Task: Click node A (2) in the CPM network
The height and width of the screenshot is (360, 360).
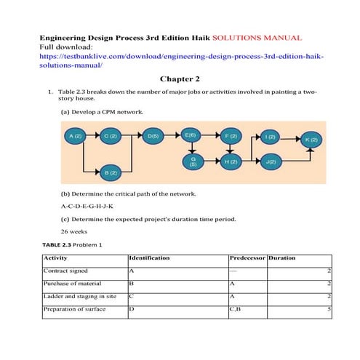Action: pos(76,136)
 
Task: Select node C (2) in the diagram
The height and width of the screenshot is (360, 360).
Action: pos(110,136)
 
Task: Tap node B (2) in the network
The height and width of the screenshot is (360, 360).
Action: pos(111,173)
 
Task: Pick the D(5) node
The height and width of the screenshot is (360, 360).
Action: pos(153,136)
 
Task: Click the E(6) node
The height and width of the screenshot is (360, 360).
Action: pos(191,135)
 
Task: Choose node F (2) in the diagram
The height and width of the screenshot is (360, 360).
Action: pos(231,136)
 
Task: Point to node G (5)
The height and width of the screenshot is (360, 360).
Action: pos(193,161)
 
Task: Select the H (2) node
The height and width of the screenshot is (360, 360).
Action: pos(231,161)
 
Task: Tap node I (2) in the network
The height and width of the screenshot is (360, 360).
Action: pos(270,137)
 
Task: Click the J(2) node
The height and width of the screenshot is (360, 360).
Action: pos(270,161)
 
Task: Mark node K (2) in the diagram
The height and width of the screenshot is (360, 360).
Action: pos(311,139)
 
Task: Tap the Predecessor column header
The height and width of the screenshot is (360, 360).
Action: pos(247,257)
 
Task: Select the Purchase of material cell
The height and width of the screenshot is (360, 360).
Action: pos(73,283)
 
